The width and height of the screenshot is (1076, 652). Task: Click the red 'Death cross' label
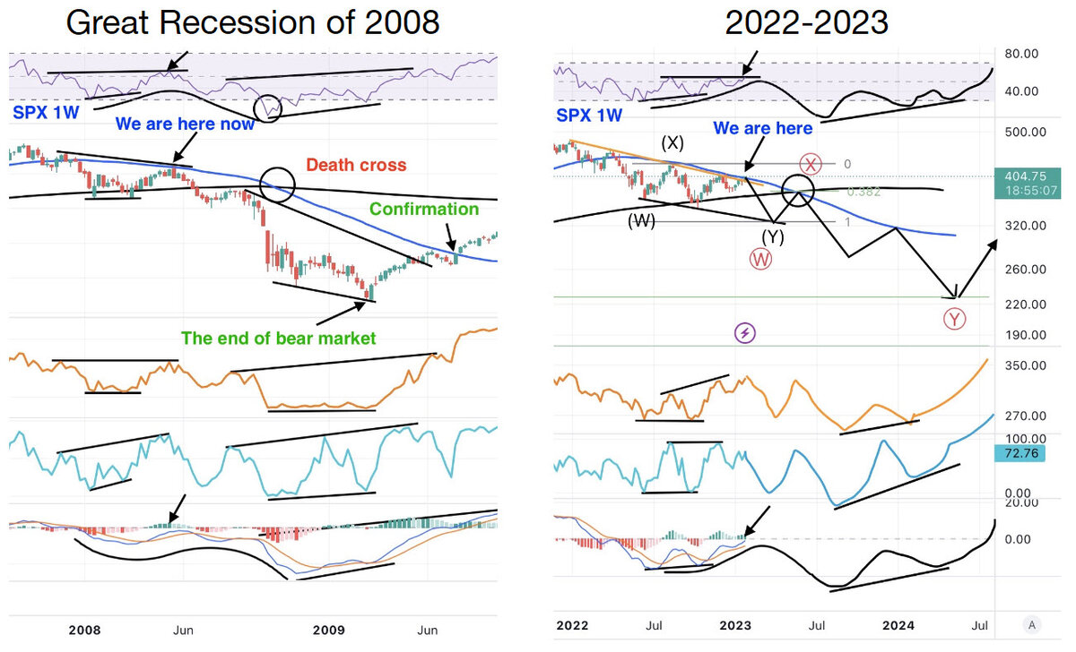pos(356,165)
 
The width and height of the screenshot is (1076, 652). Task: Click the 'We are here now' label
pos(186,124)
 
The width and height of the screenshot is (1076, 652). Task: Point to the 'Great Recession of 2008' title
pos(253,22)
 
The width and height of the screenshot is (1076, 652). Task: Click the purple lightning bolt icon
pos(745,333)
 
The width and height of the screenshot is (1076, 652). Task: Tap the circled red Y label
pos(956,319)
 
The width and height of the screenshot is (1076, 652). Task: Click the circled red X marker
pos(811,164)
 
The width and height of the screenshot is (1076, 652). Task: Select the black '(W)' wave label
pos(640,220)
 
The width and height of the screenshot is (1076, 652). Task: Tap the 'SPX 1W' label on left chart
pos(42,115)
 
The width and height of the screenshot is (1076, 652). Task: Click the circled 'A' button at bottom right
pos(1034,624)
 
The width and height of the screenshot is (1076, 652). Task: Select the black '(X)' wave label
pos(674,142)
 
